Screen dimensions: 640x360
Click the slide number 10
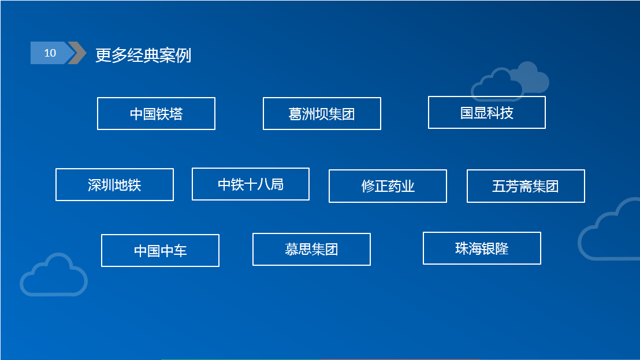pyautogui.click(x=50, y=53)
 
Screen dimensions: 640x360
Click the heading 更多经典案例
pyautogui.click(x=143, y=55)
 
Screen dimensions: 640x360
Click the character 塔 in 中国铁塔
pyautogui.click(x=176, y=114)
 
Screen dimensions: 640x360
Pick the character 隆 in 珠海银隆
pyautogui.click(x=502, y=248)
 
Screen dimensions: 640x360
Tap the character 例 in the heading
pyautogui.click(x=184, y=55)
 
